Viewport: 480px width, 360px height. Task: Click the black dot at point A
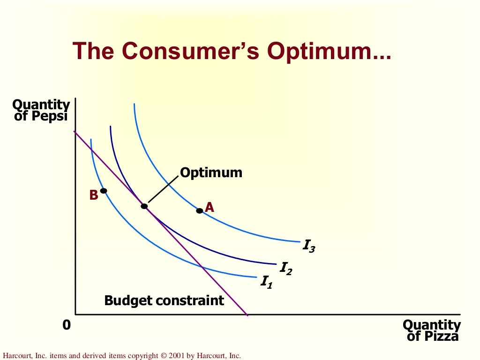pyautogui.click(x=199, y=210)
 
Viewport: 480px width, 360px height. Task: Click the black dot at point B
pyautogui.click(x=104, y=191)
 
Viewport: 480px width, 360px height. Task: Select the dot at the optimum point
pyautogui.click(x=144, y=206)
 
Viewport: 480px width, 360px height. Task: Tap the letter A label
pyautogui.click(x=210, y=207)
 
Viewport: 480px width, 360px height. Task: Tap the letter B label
pyautogui.click(x=94, y=195)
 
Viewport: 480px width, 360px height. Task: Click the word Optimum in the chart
pyautogui.click(x=211, y=172)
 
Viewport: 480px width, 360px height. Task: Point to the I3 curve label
pyautogui.click(x=309, y=246)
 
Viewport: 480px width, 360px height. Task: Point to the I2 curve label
pyautogui.click(x=286, y=268)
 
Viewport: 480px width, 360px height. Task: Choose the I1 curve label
pyautogui.click(x=266, y=282)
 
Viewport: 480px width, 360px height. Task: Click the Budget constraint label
pyautogui.click(x=164, y=300)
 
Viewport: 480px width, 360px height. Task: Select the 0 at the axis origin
pyautogui.click(x=67, y=324)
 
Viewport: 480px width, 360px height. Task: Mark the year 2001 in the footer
pyautogui.click(x=177, y=356)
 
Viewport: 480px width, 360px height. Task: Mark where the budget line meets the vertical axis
pyautogui.click(x=75, y=132)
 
